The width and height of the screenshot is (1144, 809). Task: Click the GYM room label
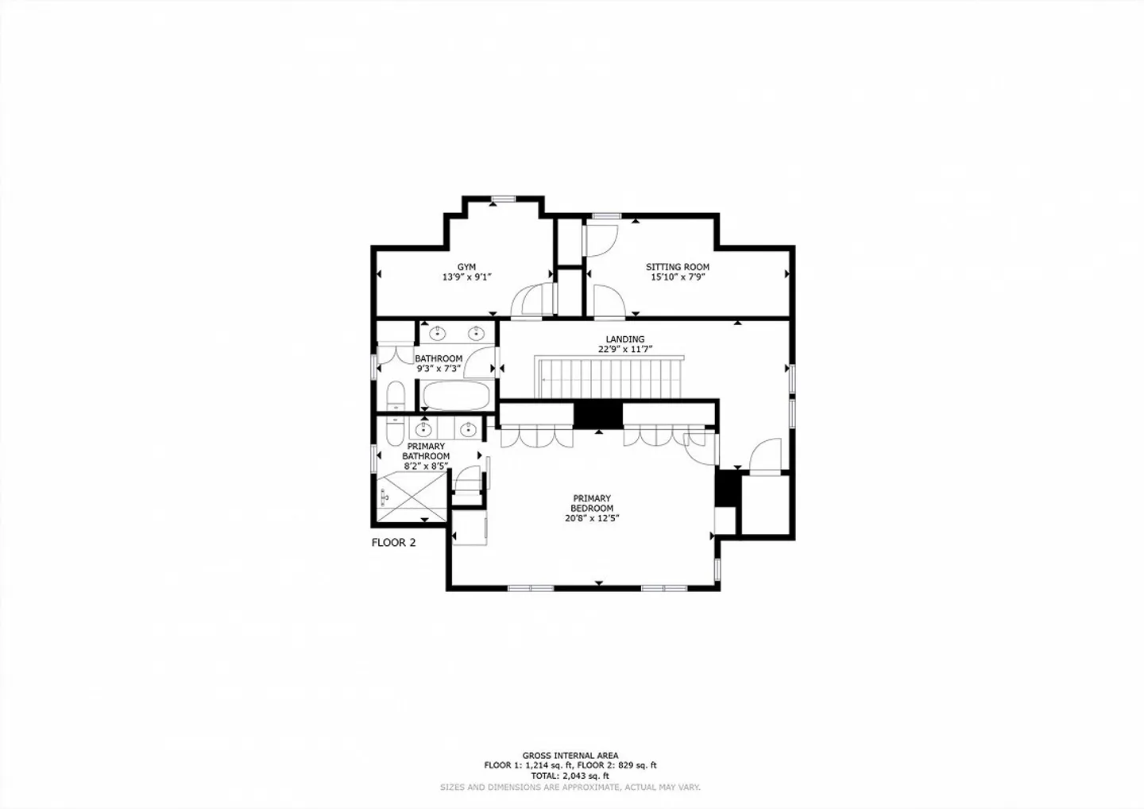coord(466,266)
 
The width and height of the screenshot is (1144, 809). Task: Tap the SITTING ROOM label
coord(677,266)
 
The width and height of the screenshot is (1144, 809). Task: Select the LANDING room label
coord(625,339)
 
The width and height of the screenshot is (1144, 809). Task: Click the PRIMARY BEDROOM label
coord(592,503)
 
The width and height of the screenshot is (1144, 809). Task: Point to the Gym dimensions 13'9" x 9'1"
coord(467,277)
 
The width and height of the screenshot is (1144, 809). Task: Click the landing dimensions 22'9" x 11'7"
coord(626,350)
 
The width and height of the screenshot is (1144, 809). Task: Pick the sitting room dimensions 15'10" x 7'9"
coord(678,277)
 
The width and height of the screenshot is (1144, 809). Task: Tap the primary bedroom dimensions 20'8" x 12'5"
coord(592,518)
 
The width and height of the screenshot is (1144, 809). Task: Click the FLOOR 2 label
coord(393,543)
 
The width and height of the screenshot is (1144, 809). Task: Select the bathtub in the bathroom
coord(456,395)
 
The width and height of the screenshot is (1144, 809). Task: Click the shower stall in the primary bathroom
coord(412,497)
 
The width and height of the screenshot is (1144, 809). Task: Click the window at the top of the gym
coord(504,199)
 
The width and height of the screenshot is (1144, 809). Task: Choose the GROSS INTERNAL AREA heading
coord(570,756)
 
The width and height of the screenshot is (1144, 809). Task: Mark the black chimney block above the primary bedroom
coord(598,415)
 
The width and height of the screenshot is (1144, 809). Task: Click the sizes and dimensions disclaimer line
coord(570,788)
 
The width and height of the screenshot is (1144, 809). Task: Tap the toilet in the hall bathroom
coord(396,395)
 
